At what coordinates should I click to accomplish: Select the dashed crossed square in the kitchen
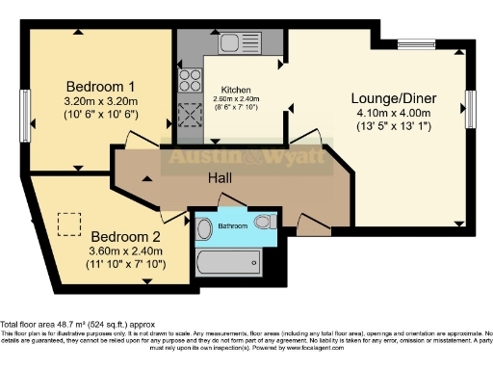(187, 119)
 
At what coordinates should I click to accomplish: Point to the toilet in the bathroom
(203, 230)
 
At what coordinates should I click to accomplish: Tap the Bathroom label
(234, 225)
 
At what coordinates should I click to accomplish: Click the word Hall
(221, 179)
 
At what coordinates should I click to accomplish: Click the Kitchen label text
(236, 90)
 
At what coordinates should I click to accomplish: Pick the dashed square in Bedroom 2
(68, 224)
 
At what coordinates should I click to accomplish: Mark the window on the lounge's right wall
(471, 104)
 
